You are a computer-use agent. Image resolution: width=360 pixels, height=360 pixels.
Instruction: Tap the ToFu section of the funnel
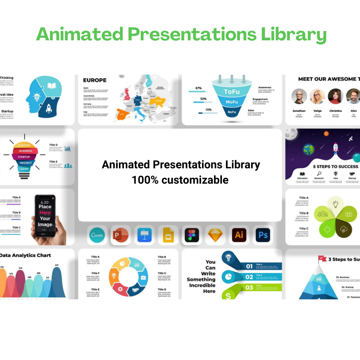pyautogui.click(x=232, y=92)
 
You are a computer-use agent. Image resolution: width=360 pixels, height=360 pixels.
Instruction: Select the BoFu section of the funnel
pyautogui.click(x=232, y=112)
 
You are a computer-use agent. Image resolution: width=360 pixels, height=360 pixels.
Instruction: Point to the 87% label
pyautogui.click(x=199, y=88)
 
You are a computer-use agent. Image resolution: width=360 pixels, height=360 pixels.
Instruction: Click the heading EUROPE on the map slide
pyautogui.click(x=95, y=80)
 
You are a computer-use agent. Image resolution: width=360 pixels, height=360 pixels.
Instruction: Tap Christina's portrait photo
pyautogui.click(x=335, y=96)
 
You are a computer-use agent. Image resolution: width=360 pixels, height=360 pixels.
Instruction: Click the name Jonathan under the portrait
pyautogui.click(x=299, y=111)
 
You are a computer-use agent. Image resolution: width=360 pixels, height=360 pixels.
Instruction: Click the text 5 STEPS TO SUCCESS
pyautogui.click(x=335, y=166)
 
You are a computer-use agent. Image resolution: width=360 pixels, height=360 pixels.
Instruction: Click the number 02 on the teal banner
pyautogui.click(x=249, y=277)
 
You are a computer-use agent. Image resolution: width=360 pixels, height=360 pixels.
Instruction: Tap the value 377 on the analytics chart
pyautogui.click(x=56, y=265)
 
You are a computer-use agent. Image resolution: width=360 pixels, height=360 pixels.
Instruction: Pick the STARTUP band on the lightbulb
pyautogui.click(x=24, y=157)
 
